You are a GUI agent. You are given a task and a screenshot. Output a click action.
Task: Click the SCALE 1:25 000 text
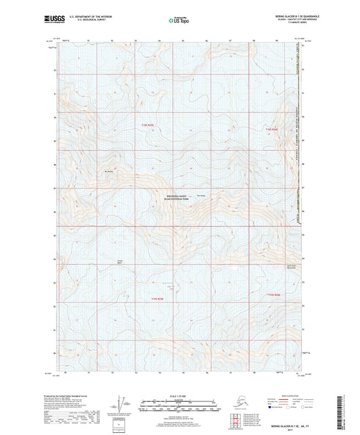point(180,396)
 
